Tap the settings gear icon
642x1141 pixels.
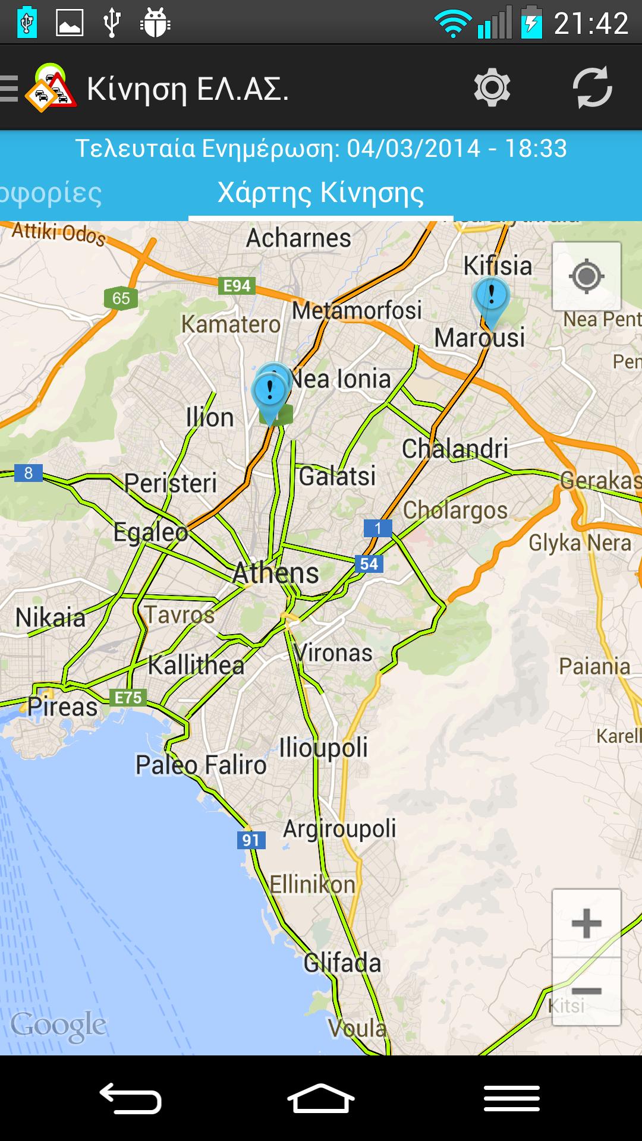[492, 88]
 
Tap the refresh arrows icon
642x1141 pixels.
[592, 88]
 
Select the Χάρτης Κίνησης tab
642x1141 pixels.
[321, 193]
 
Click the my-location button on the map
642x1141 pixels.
[587, 276]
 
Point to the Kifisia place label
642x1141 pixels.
[498, 266]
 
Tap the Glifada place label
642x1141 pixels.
[342, 963]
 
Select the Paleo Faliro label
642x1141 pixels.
[201, 765]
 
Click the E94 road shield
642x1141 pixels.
[237, 286]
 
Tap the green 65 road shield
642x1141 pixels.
[121, 298]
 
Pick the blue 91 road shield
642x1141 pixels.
[251, 840]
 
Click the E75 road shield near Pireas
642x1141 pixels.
[128, 697]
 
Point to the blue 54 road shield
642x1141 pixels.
[369, 564]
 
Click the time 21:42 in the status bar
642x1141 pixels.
[591, 24]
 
